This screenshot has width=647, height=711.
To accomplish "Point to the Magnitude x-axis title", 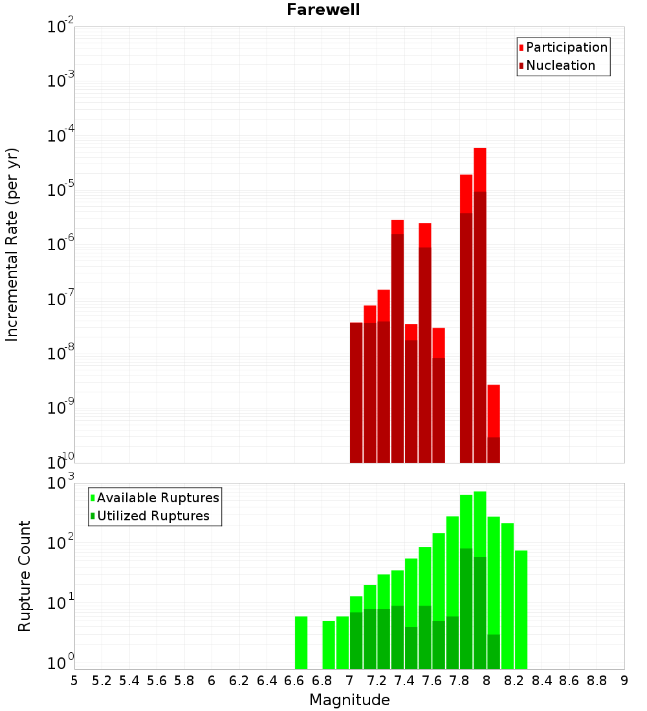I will tap(349, 700).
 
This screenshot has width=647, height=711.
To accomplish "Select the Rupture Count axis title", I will tap(25, 576).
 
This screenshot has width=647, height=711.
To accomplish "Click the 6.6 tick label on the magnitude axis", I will tap(294, 680).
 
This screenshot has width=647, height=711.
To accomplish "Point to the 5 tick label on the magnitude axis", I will tap(74, 680).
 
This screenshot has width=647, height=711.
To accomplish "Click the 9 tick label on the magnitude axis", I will tap(624, 680).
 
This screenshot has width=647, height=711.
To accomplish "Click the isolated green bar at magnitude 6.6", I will tap(301, 642).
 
